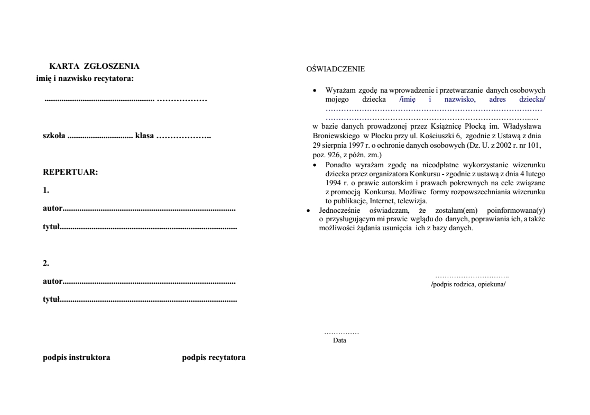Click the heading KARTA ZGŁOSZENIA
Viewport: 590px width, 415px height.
click(94, 67)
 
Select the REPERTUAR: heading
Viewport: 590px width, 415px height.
click(70, 173)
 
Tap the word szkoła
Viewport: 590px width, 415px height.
click(54, 136)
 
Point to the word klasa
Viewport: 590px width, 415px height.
click(144, 136)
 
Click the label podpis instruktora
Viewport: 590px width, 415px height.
click(76, 358)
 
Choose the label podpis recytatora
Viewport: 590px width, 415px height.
click(213, 358)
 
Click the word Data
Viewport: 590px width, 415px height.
click(339, 341)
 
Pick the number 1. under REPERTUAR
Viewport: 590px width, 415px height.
click(46, 190)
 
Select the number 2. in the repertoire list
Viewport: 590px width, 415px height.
click(46, 263)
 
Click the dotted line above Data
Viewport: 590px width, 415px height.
click(342, 333)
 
